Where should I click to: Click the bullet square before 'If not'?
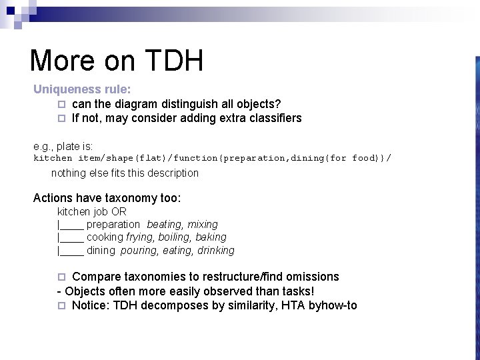pyautogui.click(x=61, y=119)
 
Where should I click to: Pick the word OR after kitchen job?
pyautogui.click(x=119, y=211)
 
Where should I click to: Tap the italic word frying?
pyautogui.click(x=139, y=237)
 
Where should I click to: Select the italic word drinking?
pyautogui.click(x=216, y=251)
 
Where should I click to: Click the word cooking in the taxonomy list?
pyautogui.click(x=105, y=237)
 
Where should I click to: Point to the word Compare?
pyautogui.click(x=96, y=277)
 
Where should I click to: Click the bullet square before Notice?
pyautogui.click(x=61, y=306)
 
